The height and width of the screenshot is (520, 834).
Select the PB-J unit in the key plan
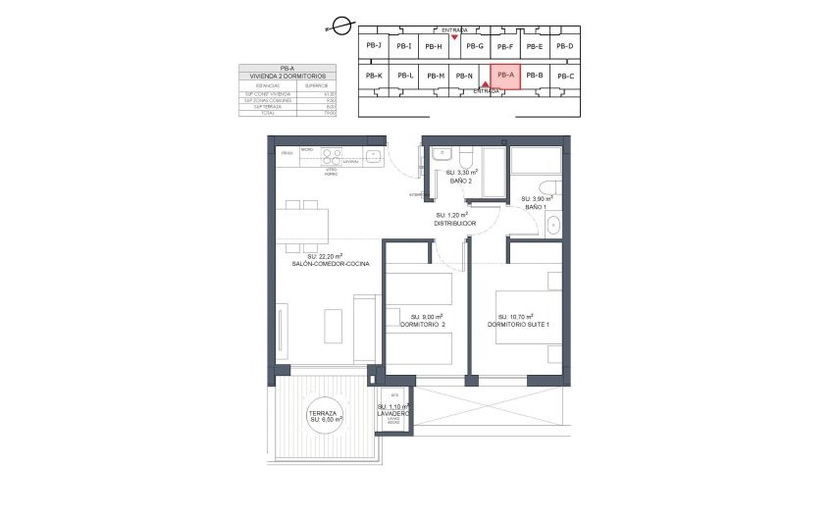pyautogui.click(x=373, y=45)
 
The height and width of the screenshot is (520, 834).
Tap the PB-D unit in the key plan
pyautogui.click(x=564, y=46)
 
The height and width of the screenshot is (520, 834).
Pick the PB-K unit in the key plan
pyautogui.click(x=373, y=76)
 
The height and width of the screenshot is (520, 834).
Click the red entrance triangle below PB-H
pyautogui.click(x=454, y=37)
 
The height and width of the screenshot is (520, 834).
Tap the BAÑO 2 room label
pyautogui.click(x=449, y=182)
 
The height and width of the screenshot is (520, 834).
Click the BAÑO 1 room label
pyautogui.click(x=535, y=207)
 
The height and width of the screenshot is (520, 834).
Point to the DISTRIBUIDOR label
pyautogui.click(x=455, y=224)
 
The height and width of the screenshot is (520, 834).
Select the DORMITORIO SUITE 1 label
pyautogui.click(x=518, y=325)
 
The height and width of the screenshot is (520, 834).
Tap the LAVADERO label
pyautogui.click(x=392, y=414)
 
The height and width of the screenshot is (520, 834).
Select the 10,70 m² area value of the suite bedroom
pyautogui.click(x=517, y=316)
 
